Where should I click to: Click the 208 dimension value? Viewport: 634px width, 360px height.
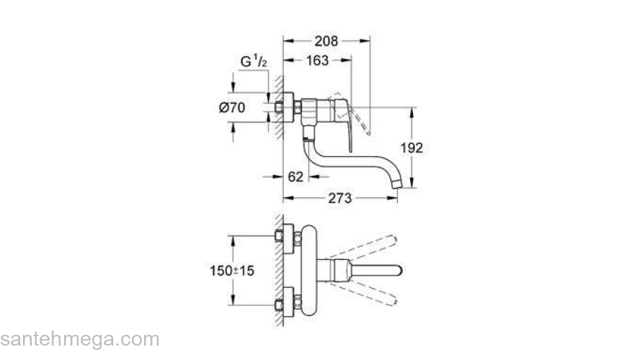pos(326,42)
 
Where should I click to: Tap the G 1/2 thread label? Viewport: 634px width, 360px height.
pos(254,62)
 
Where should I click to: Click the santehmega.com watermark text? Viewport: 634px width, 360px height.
pos(79,338)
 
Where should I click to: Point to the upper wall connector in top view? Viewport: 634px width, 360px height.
pos(287,237)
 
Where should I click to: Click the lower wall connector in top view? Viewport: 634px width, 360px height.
pos(287,297)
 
